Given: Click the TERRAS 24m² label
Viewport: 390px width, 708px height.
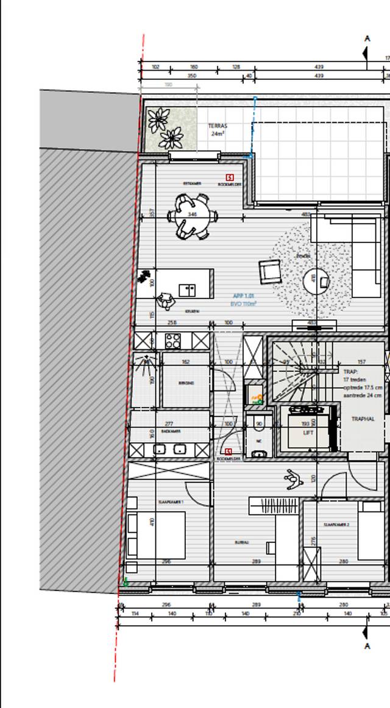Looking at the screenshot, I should pyautogui.click(x=218, y=129).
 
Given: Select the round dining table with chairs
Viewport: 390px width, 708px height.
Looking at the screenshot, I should pyautogui.click(x=193, y=216).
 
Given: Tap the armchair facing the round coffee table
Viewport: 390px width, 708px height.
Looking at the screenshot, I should pyautogui.click(x=269, y=271).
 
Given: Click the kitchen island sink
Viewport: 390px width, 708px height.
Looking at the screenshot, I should pyautogui.click(x=187, y=290).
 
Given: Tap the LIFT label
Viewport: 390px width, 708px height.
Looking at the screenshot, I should pyautogui.click(x=308, y=432).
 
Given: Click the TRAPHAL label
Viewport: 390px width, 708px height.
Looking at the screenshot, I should pyautogui.click(x=363, y=419).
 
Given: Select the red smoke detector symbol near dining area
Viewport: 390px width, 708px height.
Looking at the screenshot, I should pyautogui.click(x=230, y=177).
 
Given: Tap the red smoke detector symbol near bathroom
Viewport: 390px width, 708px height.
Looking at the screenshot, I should pyautogui.click(x=229, y=451).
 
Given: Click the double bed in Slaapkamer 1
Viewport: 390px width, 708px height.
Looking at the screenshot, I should pyautogui.click(x=155, y=535).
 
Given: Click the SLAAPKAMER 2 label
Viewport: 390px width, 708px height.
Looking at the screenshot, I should pyautogui.click(x=336, y=525).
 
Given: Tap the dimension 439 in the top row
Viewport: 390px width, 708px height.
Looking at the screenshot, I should pyautogui.click(x=319, y=67).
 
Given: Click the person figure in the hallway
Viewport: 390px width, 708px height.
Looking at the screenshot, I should pyautogui.click(x=294, y=479).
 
